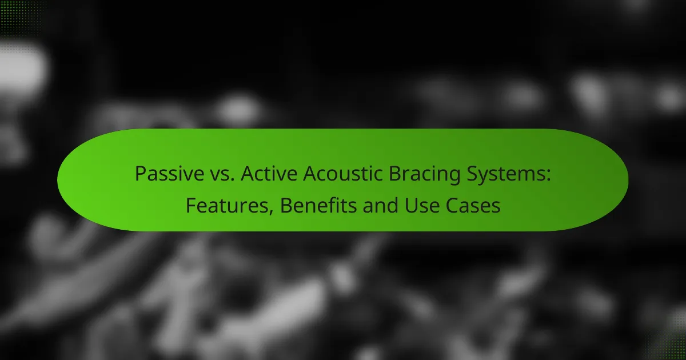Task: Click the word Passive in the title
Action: pyautogui.click(x=169, y=174)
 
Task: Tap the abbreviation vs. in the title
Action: pyautogui.click(x=222, y=174)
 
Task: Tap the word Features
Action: pyautogui.click(x=226, y=205)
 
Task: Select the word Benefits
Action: pyautogui.click(x=318, y=205)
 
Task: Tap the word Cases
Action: pyautogui.click(x=473, y=205)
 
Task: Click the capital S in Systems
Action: pyautogui.click(x=472, y=174)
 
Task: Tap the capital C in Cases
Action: pyautogui.click(x=452, y=205)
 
